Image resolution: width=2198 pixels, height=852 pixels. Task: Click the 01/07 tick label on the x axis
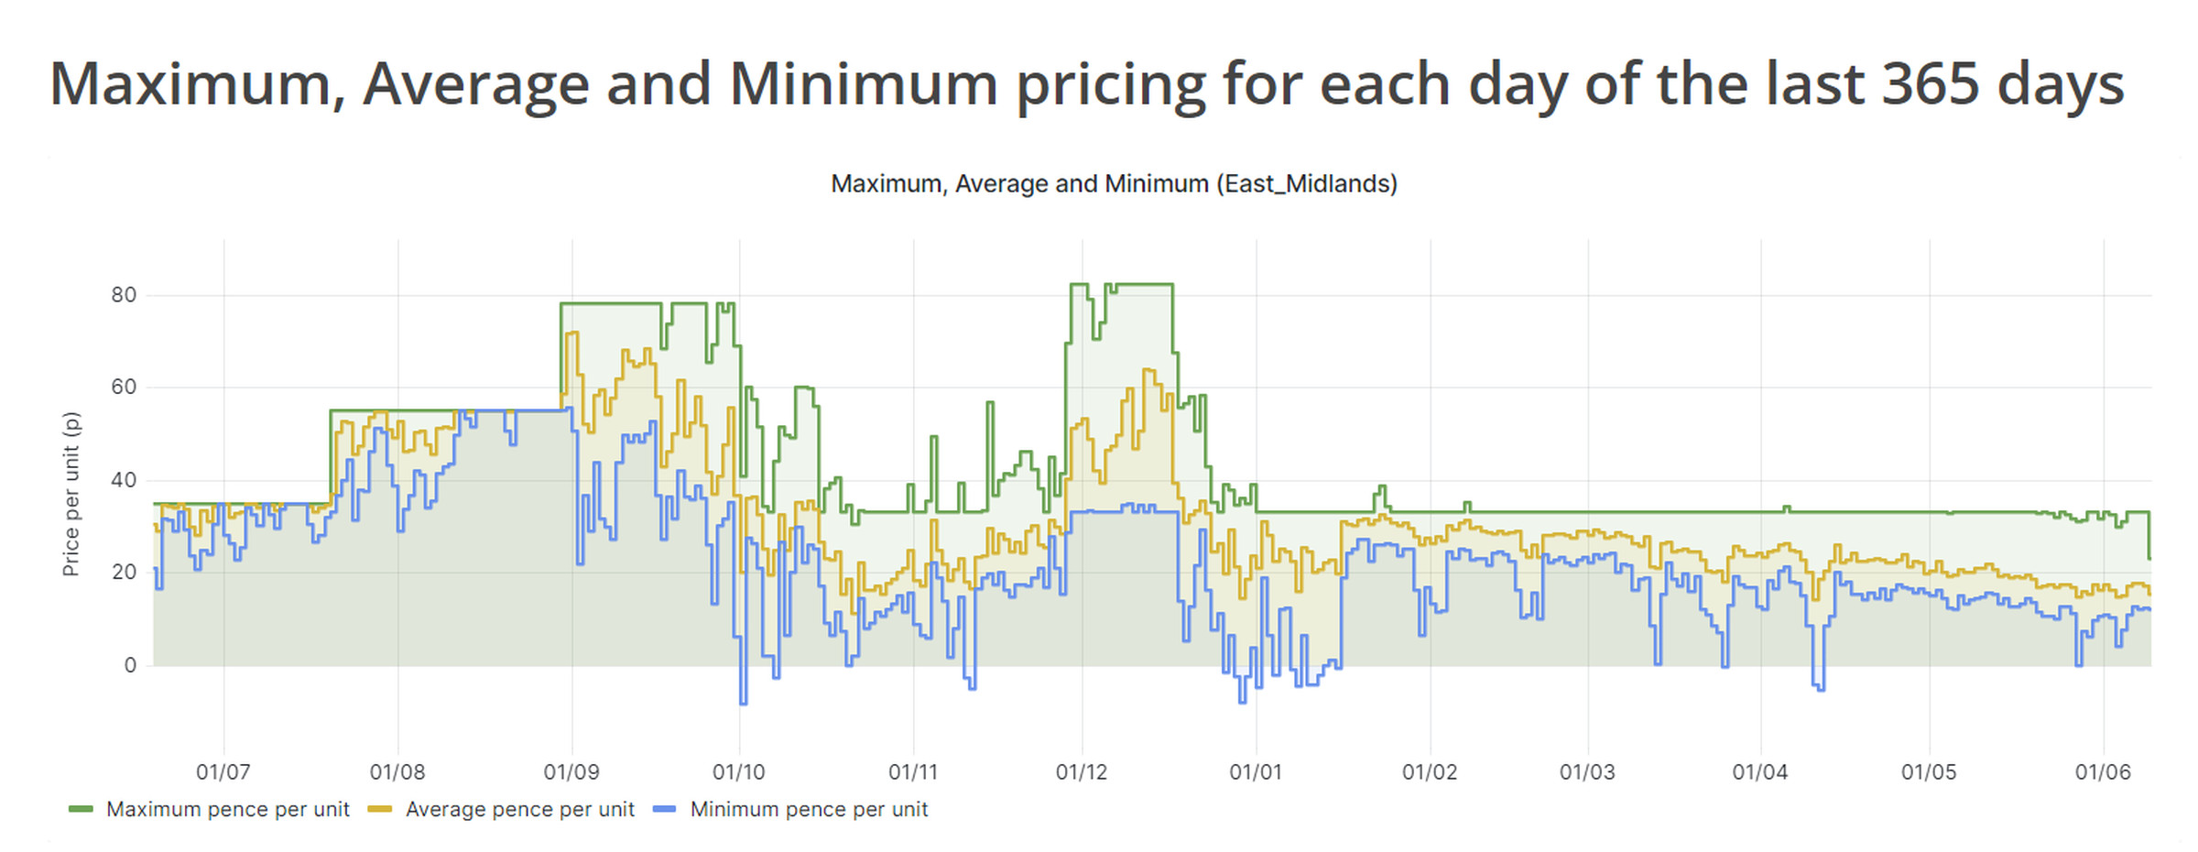pos(223,772)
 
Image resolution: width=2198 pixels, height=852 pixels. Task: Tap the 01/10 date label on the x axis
pos(738,772)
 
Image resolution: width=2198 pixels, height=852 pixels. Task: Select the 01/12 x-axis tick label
pos(1081,772)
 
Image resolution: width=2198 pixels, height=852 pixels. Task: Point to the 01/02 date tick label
pos(1429,772)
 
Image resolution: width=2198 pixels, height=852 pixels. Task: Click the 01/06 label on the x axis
pos(2102,772)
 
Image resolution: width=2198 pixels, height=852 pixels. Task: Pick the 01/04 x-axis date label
pos(1759,772)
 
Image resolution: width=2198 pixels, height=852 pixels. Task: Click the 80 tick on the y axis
pos(124,295)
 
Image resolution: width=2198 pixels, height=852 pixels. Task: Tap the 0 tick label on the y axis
pos(130,666)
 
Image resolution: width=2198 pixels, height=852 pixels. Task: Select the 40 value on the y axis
pos(124,480)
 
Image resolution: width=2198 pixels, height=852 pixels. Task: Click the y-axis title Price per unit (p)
pos(71,494)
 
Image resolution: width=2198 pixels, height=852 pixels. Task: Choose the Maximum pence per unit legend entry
pos(227,810)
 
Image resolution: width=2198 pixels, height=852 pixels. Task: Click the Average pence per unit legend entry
pos(519,810)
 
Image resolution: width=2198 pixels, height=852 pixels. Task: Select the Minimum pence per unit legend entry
pos(809,810)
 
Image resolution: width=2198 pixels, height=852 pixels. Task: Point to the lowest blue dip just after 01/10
pos(743,703)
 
